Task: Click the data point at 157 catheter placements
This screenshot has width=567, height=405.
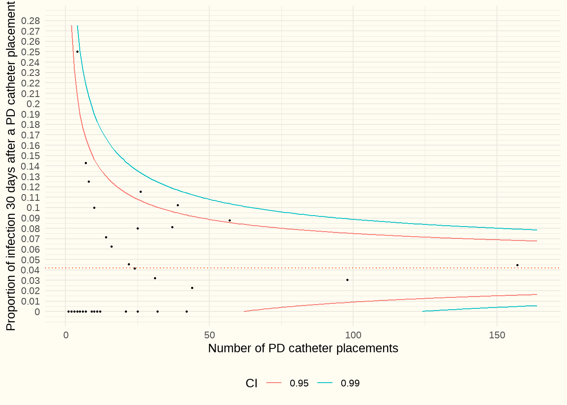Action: (x=517, y=265)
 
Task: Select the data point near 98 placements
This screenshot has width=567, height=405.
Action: (x=347, y=280)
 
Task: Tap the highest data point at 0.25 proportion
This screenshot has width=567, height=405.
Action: (x=77, y=51)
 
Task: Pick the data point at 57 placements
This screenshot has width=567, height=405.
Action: (x=229, y=220)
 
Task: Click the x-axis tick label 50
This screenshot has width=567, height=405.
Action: (x=209, y=335)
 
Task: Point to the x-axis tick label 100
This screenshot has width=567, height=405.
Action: (x=353, y=335)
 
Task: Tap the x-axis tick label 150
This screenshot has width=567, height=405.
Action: (x=497, y=335)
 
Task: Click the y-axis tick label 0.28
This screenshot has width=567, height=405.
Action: (x=31, y=21)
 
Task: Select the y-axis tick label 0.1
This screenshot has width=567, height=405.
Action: (x=33, y=208)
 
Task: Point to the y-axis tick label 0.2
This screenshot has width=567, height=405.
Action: (x=33, y=104)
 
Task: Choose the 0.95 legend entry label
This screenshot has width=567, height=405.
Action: (x=299, y=383)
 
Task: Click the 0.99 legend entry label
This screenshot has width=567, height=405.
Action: (x=350, y=383)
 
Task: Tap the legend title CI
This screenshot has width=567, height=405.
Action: (x=251, y=383)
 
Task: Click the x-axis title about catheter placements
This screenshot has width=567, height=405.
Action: (x=303, y=348)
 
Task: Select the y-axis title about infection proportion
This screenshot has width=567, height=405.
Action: (x=11, y=166)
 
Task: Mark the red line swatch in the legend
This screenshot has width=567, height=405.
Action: (x=274, y=383)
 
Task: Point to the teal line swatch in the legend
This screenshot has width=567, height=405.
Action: (x=325, y=383)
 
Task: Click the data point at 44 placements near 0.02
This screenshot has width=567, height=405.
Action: (x=192, y=288)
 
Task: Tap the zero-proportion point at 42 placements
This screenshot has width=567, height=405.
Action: (x=186, y=312)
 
